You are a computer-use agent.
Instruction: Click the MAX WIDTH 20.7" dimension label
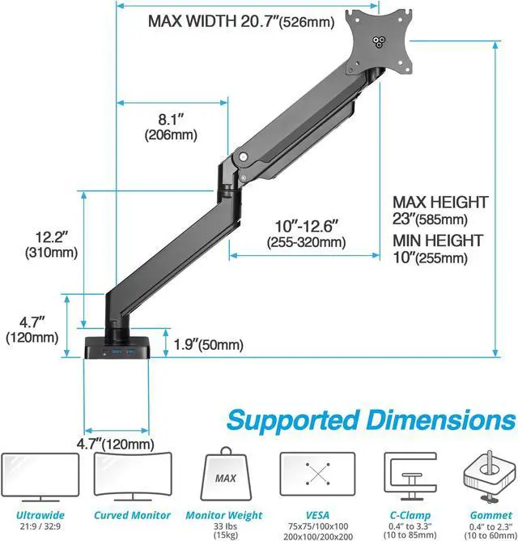[x=240, y=22]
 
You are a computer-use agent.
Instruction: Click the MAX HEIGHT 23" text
[x=440, y=210]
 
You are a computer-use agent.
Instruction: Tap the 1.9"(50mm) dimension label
[x=209, y=346]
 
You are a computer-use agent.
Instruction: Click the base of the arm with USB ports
[x=120, y=347]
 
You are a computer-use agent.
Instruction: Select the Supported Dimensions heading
[x=370, y=420]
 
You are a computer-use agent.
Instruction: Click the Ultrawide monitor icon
[x=40, y=477]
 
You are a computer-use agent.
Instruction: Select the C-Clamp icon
[x=409, y=477]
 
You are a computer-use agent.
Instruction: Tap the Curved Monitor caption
[x=132, y=515]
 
